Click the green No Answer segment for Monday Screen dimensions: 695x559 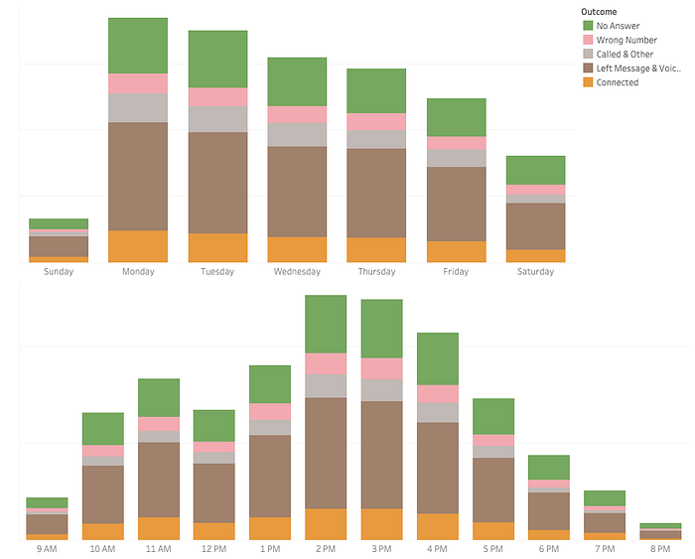(138, 46)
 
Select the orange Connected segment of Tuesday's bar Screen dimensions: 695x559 (217, 248)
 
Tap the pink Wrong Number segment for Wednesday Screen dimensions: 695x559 (297, 115)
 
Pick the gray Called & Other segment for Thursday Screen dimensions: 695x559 (376, 140)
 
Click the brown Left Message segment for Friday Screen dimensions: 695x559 (457, 205)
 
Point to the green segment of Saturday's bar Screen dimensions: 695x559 (535, 170)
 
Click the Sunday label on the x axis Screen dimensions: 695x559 (59, 272)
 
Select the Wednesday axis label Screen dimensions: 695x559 (297, 272)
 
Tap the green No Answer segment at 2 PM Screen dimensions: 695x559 (326, 324)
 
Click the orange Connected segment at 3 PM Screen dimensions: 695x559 (381, 524)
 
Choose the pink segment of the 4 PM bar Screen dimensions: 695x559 (438, 394)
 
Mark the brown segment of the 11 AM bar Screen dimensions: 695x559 (159, 481)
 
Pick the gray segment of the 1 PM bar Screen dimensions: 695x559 (270, 428)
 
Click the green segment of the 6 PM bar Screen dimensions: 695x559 (549, 468)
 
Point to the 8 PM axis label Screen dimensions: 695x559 (660, 549)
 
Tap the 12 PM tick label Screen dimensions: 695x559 (214, 549)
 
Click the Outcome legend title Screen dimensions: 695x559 (599, 12)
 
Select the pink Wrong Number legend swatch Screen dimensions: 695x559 (588, 40)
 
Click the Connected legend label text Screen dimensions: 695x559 (618, 82)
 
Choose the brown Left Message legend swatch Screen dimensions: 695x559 (588, 69)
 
